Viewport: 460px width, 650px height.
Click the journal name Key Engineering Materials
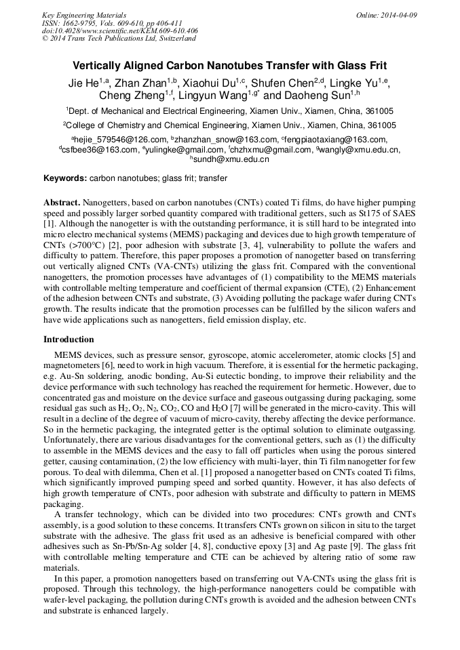point(84,15)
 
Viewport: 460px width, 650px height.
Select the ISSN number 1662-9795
point(80,23)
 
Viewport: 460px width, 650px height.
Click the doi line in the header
point(119,31)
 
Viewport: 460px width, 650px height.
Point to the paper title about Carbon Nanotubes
point(229,66)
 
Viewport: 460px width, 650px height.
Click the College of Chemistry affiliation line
point(229,125)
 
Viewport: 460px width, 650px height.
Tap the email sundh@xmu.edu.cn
point(231,160)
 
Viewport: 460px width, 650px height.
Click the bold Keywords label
point(65,178)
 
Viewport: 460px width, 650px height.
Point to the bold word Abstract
point(62,203)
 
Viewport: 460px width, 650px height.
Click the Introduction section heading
point(69,339)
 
